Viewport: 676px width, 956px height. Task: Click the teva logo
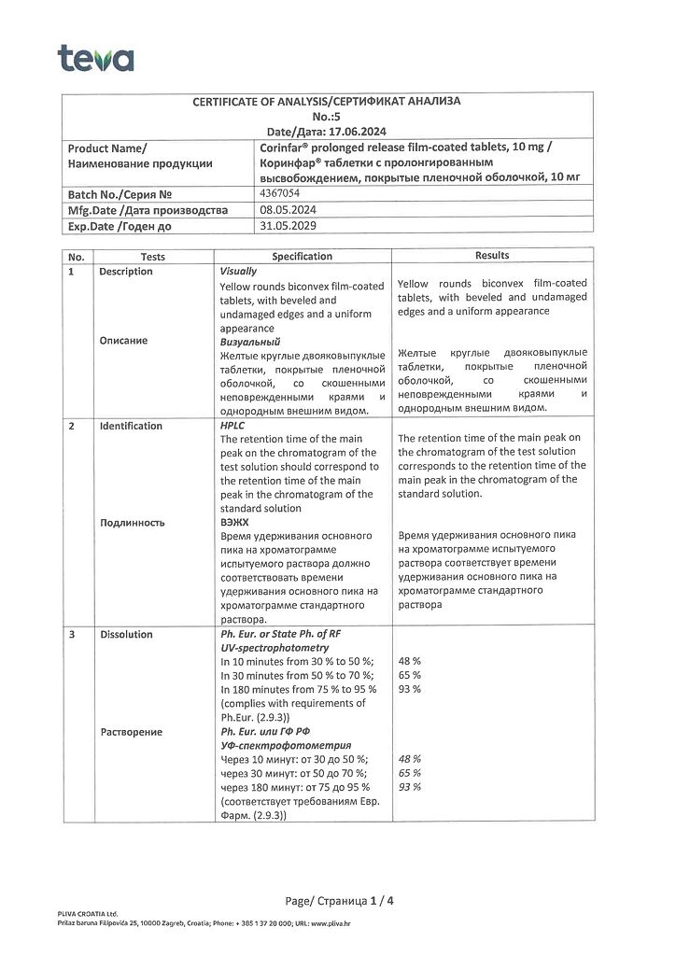click(95, 58)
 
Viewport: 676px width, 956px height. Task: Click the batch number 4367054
click(281, 193)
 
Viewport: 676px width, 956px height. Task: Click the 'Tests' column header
click(153, 256)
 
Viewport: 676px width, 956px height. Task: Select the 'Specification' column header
click(302, 256)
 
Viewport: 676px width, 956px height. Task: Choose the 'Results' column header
click(492, 255)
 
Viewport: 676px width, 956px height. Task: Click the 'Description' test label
click(126, 272)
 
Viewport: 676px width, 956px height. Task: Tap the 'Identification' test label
click(131, 426)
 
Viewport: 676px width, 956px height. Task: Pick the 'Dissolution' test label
click(126, 634)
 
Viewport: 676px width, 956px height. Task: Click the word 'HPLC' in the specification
click(232, 426)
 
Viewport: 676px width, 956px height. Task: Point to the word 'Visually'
click(238, 271)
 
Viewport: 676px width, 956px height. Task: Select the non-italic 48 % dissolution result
click(409, 661)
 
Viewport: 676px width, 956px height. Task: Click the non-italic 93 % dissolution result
click(409, 688)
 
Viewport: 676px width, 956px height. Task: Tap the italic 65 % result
click(409, 773)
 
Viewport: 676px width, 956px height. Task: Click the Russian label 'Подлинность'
click(132, 522)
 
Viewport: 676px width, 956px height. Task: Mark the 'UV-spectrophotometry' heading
click(275, 647)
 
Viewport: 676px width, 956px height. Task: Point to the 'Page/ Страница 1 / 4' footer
click(340, 900)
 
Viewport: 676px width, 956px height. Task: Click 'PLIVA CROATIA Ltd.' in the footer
click(87, 913)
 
